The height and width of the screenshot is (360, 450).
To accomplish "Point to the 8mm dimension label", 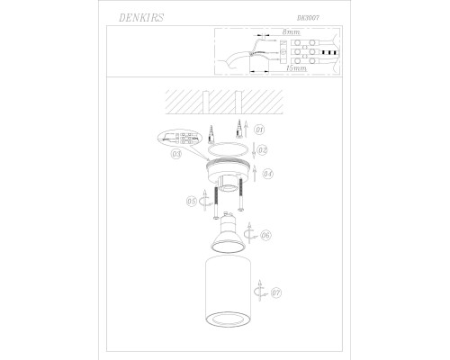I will point(291,32).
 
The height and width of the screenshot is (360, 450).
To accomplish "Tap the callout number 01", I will point(259,130).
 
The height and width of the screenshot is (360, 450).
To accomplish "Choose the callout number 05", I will point(191,202).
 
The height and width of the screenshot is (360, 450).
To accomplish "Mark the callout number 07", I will point(276,292).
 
